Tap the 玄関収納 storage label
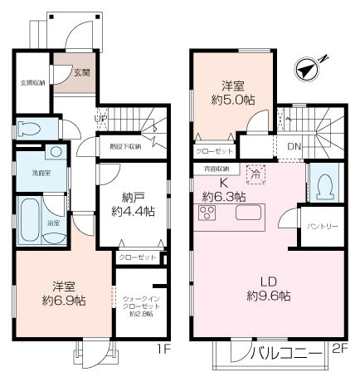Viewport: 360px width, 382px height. (32, 82)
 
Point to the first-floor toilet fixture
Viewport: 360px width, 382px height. (30, 129)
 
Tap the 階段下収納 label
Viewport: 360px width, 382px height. (125, 147)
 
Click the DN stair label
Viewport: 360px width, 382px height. (293, 147)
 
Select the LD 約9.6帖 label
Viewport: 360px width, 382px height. (268, 287)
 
